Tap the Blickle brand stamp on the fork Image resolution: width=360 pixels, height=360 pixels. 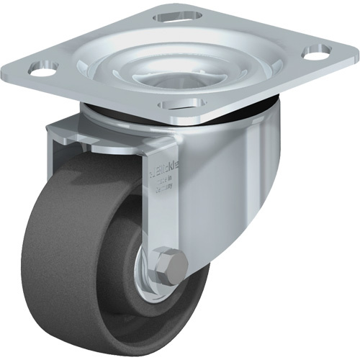[165, 175]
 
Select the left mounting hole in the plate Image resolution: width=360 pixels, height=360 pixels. [42, 71]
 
